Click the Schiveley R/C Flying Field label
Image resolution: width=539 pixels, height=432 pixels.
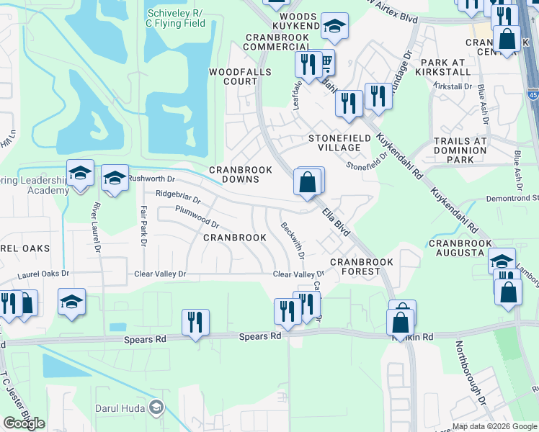tap(176, 19)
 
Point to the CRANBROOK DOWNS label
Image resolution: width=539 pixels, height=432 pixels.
tap(241, 174)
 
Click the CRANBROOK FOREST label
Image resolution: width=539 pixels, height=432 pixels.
tap(355, 266)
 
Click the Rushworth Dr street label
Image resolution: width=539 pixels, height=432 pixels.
tap(151, 178)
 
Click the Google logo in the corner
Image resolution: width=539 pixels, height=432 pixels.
tap(24, 423)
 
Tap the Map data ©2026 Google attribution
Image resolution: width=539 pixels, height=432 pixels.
tap(494, 426)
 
